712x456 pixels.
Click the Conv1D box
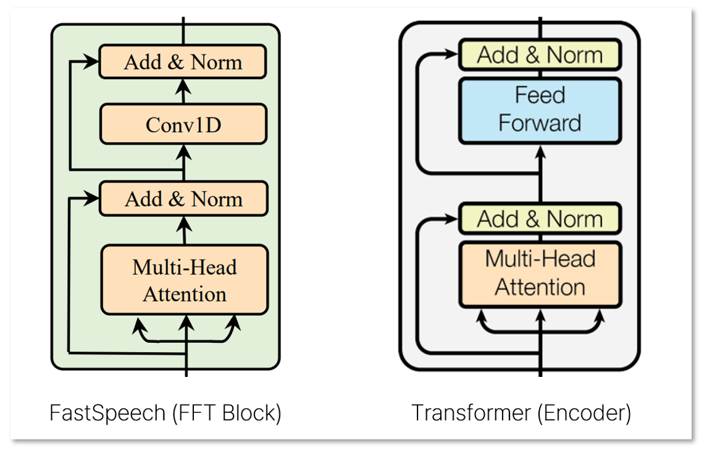183,124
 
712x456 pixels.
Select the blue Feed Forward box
539,109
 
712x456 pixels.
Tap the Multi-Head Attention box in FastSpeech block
184,279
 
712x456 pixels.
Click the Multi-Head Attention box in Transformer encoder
539,272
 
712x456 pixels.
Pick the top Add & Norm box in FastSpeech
183,62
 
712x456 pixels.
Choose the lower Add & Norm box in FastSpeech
183,198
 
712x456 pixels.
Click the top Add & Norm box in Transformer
539,55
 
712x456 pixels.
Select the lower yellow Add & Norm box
539,219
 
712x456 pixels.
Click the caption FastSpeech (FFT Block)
165,413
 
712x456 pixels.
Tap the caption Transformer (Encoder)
521,413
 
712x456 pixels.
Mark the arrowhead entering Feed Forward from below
540,151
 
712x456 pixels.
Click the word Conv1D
183,125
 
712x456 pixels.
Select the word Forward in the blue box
539,122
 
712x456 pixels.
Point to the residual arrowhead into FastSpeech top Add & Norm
93,62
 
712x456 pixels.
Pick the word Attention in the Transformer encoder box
540,287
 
